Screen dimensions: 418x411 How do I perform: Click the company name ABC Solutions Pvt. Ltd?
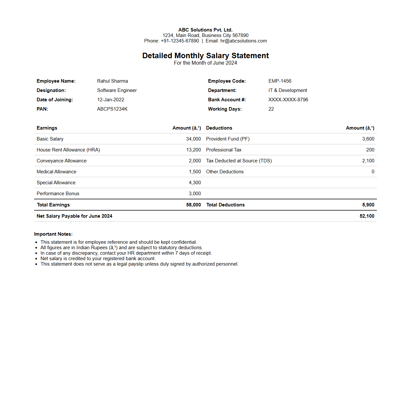tap(205, 30)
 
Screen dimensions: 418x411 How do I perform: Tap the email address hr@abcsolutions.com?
tap(243, 41)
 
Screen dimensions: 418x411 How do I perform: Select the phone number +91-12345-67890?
tap(180, 41)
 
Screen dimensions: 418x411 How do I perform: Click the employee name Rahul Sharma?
tap(113, 81)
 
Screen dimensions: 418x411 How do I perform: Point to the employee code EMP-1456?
tap(280, 81)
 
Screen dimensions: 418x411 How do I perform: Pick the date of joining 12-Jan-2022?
tap(111, 100)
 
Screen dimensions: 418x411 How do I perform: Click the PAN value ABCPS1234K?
tap(112, 109)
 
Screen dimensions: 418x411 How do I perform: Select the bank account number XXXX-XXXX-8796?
tap(288, 100)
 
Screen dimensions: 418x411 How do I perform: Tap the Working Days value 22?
tap(271, 109)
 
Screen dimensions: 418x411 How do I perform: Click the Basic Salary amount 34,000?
tap(193, 139)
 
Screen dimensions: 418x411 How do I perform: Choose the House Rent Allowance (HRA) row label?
tap(68, 150)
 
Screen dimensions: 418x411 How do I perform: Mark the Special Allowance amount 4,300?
tap(195, 183)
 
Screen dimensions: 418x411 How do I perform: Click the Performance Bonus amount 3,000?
tap(195, 194)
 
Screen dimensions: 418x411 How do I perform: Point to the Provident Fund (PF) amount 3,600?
tap(368, 139)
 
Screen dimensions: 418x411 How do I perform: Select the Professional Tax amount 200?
tap(370, 150)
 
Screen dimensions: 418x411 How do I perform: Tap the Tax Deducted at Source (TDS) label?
tap(239, 161)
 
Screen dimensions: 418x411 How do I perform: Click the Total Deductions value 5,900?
tap(368, 205)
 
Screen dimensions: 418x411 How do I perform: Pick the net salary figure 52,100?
tap(367, 216)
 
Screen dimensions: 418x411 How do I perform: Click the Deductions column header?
tap(219, 128)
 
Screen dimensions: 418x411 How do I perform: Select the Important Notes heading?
tap(53, 234)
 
